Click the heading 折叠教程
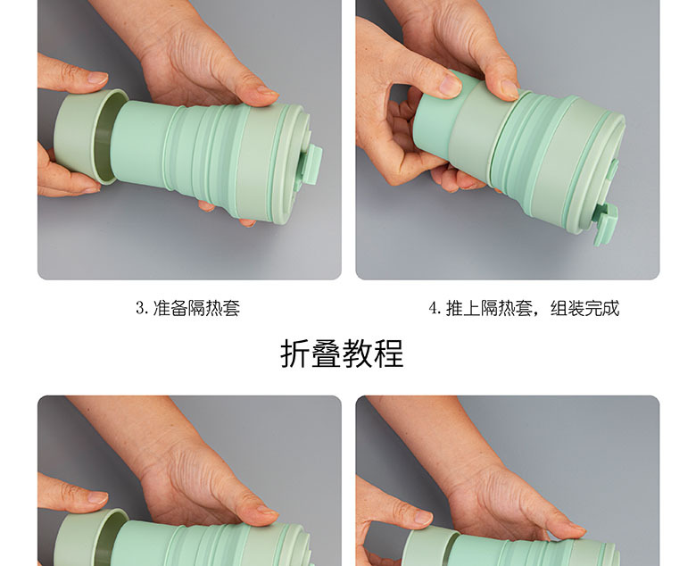point(342,354)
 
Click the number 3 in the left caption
point(140,309)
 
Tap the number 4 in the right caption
point(433,309)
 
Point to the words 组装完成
point(584,309)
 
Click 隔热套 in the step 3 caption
point(214,309)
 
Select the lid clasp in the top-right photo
point(607,224)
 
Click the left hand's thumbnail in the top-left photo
point(96,79)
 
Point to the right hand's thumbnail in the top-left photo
point(266,91)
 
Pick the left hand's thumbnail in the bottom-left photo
point(96,497)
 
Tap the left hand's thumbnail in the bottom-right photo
point(419,517)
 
